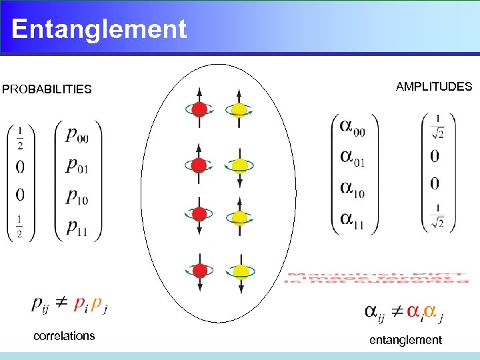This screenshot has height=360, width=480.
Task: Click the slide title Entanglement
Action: coord(99,29)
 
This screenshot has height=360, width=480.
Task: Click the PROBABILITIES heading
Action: coord(47,89)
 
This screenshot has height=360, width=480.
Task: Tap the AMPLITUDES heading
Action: coord(433,87)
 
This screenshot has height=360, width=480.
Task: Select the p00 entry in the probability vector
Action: coord(77,136)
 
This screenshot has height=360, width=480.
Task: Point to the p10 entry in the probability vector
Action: coord(77,197)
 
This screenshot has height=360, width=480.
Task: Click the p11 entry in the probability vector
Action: coord(77,227)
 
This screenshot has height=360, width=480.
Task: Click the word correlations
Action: coord(64,336)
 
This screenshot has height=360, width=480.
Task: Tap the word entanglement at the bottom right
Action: coord(405,340)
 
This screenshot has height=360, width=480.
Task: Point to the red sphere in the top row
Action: coord(199,109)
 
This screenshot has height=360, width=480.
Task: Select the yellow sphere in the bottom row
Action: coord(240,271)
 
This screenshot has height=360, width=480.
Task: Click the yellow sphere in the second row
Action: coord(240,165)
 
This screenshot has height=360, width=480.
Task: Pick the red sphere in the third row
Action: coord(199,215)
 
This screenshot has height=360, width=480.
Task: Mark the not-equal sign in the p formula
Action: coord(61,303)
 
